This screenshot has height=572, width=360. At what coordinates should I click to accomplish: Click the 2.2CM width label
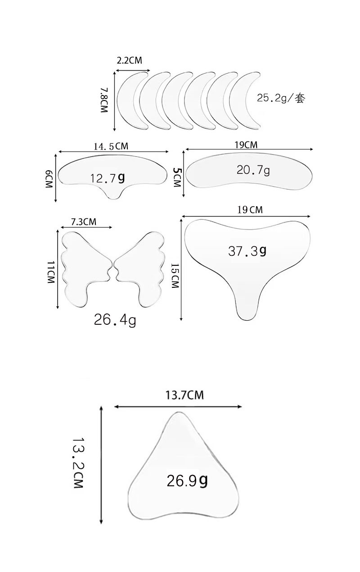tap(129, 60)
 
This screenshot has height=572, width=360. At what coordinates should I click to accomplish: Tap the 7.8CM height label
tap(104, 100)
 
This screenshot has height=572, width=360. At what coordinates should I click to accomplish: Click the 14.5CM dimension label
tap(111, 146)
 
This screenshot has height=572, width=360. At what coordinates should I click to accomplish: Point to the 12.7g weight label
tap(108, 178)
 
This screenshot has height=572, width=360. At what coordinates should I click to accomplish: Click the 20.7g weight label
tap(253, 170)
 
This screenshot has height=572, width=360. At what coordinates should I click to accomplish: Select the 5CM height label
tap(177, 177)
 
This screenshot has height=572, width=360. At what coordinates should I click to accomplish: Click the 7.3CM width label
tap(84, 222)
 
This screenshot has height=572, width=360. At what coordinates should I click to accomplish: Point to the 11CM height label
tap(51, 272)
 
